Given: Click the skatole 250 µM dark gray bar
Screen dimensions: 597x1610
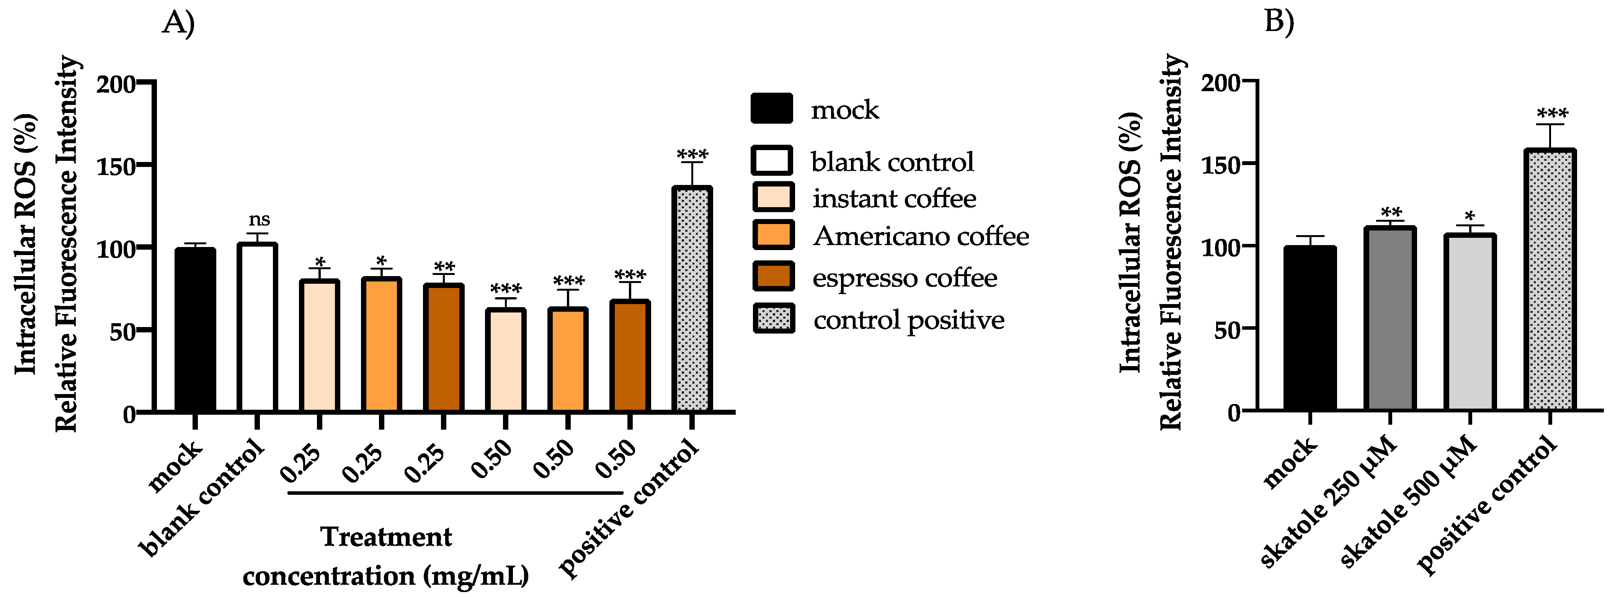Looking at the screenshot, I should click(x=1390, y=319).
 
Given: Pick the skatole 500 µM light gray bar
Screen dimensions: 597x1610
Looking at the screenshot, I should click(x=1470, y=322).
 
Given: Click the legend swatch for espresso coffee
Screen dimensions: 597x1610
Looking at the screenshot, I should click(x=773, y=277).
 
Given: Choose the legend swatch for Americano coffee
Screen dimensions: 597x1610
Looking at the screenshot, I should click(x=773, y=236).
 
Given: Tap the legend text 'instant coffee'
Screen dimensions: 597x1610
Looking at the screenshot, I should click(x=894, y=199).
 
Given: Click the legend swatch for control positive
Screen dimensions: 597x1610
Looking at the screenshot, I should click(x=773, y=319).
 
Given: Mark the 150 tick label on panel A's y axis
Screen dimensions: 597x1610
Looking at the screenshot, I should click(x=116, y=166).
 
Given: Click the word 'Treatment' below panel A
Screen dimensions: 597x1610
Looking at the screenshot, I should click(x=385, y=537).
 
